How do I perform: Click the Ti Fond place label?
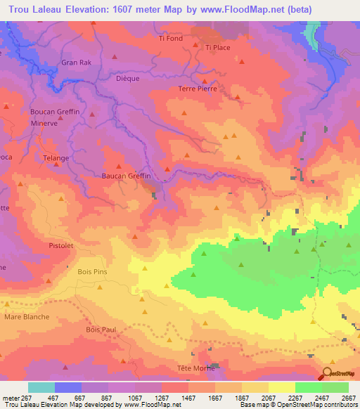pyautogui.click(x=170, y=39)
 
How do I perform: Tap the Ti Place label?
pyautogui.click(x=218, y=48)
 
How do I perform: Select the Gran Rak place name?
pyautogui.click(x=77, y=63)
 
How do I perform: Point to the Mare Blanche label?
pyautogui.click(x=27, y=317)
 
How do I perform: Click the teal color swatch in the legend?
pyautogui.click(x=41, y=387)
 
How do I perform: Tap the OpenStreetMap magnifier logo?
pyautogui.click(x=328, y=372)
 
